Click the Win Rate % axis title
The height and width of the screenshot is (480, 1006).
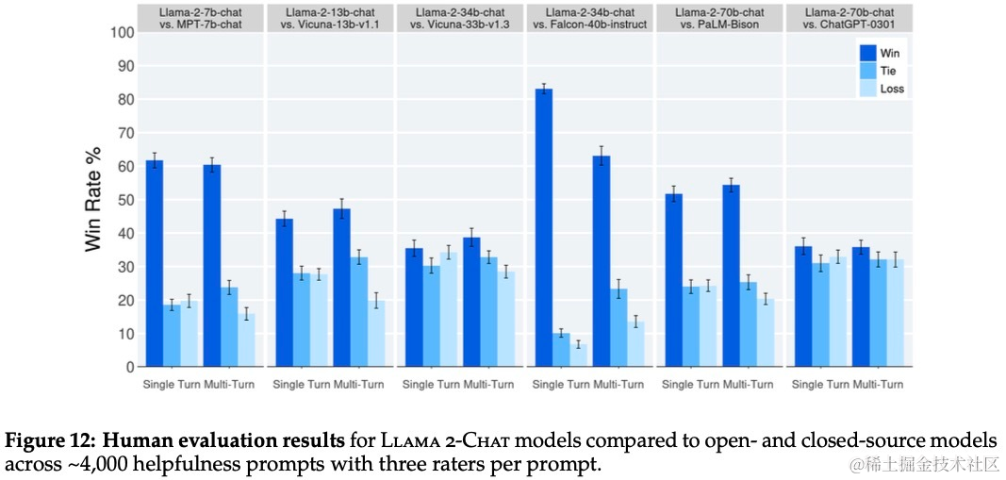point(92,200)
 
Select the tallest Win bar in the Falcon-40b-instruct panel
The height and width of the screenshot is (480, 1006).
point(544,227)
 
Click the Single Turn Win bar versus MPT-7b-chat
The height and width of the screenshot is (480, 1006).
point(155,264)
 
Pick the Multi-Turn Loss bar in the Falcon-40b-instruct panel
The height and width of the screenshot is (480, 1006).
point(636,343)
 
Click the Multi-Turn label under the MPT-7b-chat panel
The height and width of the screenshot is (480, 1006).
point(229,385)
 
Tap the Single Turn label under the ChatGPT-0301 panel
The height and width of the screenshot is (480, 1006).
point(820,385)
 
